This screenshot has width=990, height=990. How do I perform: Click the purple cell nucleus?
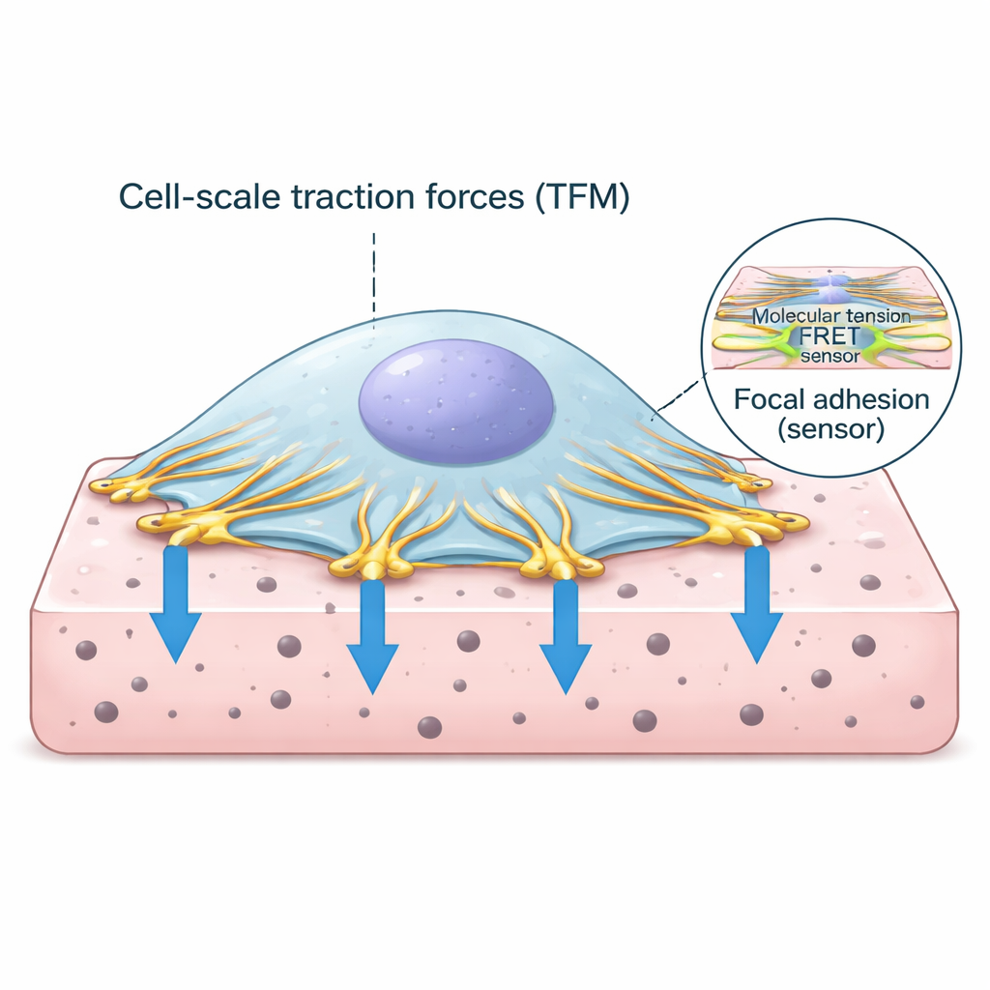point(455,397)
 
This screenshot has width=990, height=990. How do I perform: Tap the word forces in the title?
point(451,197)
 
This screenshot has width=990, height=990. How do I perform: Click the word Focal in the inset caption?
point(769,398)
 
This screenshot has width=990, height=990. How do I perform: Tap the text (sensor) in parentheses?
point(830,429)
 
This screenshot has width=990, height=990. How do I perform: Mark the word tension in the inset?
point(875,316)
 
